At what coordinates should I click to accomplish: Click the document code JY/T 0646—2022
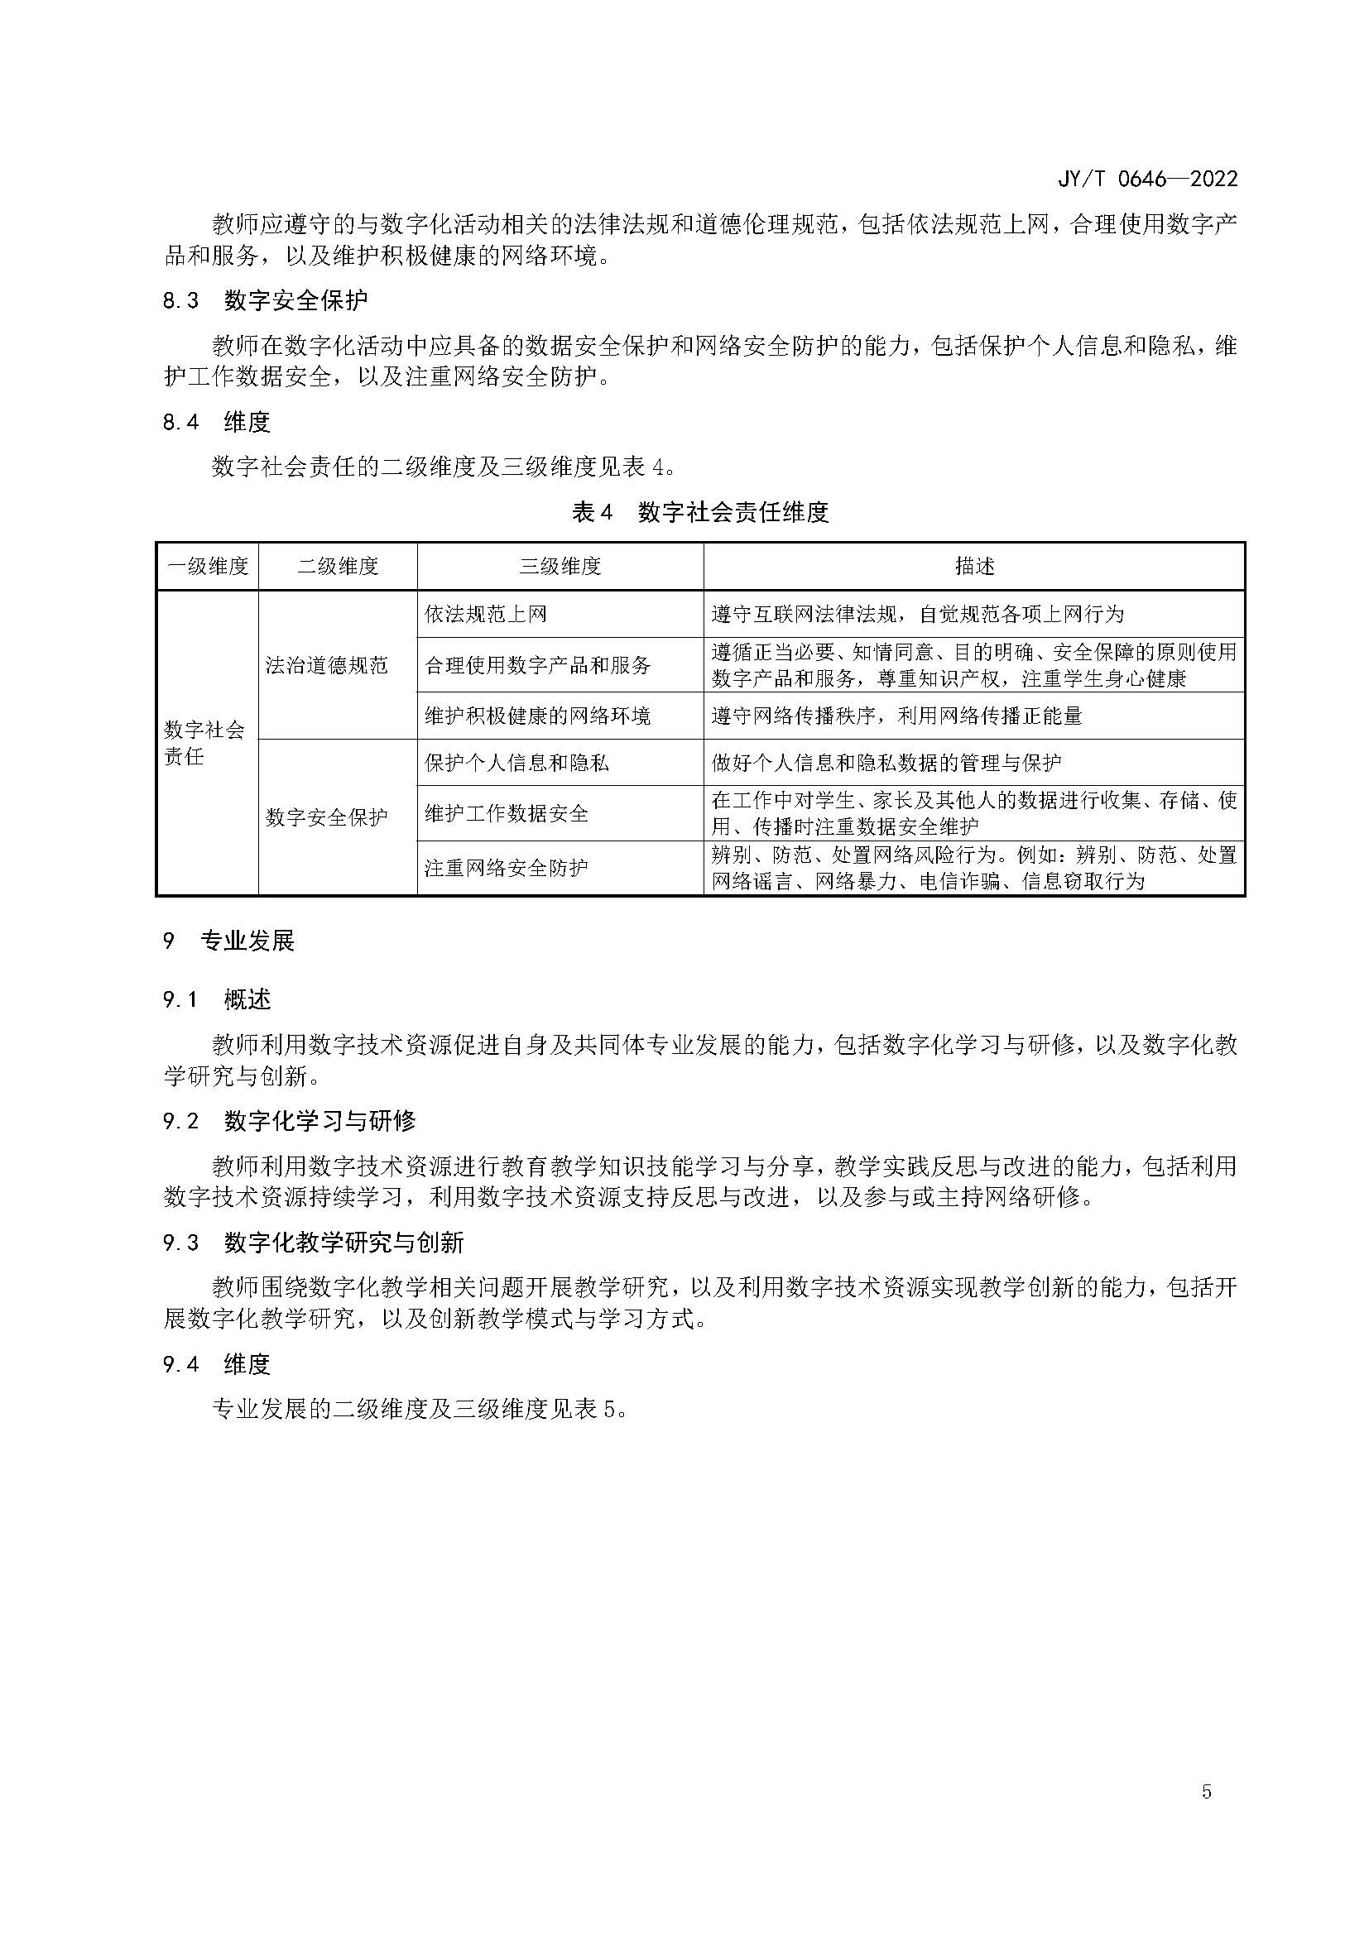[1147, 179]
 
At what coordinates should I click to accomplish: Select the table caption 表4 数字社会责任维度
[699, 511]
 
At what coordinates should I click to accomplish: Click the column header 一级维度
[209, 567]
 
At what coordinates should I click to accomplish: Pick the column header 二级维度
[337, 567]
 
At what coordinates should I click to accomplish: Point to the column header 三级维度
[560, 567]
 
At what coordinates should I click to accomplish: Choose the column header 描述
[973, 567]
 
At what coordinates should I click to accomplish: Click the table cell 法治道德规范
[326, 665]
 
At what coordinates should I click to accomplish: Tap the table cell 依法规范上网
[486, 614]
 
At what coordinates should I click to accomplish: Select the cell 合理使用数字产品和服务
[538, 665]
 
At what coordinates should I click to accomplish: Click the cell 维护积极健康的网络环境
[538, 716]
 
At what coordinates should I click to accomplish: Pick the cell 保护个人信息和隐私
[516, 763]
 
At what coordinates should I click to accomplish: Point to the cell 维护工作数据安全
[507, 813]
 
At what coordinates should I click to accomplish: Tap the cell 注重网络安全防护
[507, 867]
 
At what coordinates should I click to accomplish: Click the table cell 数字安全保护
[326, 817]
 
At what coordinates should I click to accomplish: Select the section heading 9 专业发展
[229, 941]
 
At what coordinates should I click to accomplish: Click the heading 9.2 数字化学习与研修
[289, 1121]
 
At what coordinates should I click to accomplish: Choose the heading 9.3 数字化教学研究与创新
[314, 1243]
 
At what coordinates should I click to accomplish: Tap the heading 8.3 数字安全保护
[266, 300]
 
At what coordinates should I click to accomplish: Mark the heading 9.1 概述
[218, 999]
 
